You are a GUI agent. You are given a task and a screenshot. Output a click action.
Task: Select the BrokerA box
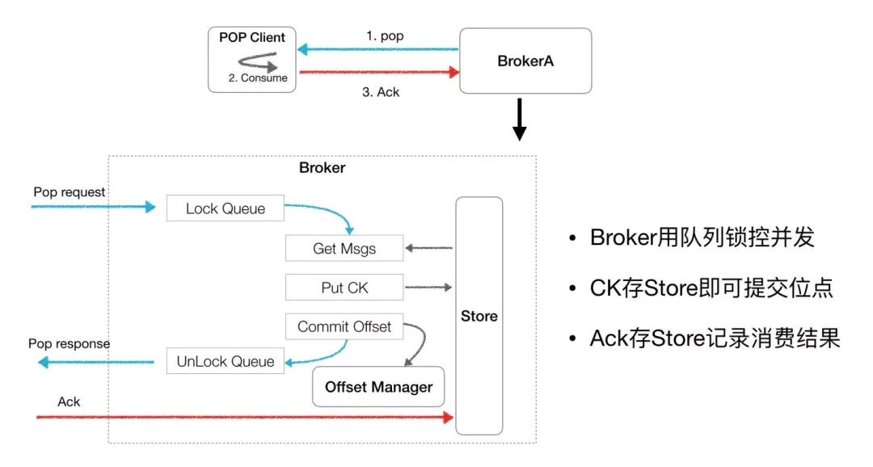525,61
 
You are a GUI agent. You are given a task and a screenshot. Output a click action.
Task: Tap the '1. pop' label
385,36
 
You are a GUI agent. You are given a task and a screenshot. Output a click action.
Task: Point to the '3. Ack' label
380,91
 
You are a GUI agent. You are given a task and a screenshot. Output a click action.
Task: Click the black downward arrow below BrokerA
520,120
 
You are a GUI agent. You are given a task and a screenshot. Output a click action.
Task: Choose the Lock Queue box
226,208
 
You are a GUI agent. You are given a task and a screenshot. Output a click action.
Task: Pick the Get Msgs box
344,249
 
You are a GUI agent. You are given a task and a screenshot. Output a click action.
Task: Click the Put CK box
344,288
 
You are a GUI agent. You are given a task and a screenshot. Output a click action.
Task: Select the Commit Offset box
344,326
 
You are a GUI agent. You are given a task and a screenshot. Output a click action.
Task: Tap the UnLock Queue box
226,361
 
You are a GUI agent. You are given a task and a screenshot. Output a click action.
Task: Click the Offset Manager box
378,387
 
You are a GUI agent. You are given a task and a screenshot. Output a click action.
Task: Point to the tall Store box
479,316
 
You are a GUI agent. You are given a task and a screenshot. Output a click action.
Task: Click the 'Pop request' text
70,192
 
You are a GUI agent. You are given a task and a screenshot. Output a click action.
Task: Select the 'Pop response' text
70,343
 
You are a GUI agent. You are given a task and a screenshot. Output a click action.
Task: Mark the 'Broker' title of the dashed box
322,168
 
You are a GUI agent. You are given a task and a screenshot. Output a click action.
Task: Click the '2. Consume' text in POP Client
258,78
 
